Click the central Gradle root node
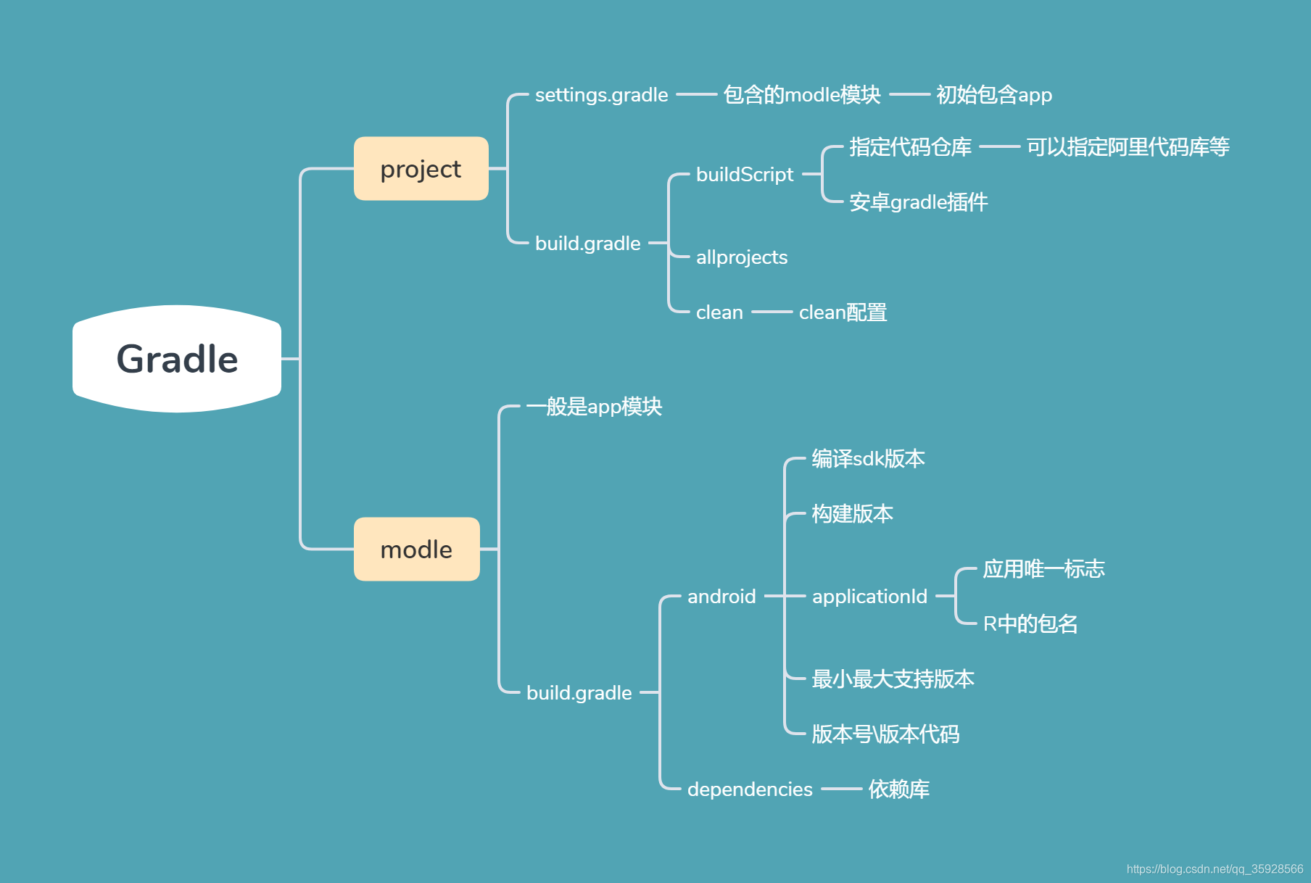click(177, 359)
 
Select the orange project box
click(421, 169)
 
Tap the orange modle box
click(416, 550)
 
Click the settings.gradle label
click(601, 95)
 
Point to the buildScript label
click(744, 175)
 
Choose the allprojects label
click(741, 257)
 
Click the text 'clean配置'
click(843, 312)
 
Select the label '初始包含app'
click(993, 95)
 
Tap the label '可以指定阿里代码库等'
click(1128, 147)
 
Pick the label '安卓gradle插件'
click(918, 202)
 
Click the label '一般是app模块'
click(594, 407)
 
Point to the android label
click(721, 597)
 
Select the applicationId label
click(869, 597)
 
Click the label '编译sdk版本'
click(868, 459)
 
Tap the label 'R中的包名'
click(1030, 624)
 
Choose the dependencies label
click(750, 789)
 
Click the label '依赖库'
click(898, 789)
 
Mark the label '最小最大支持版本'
click(893, 679)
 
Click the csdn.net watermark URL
click(1215, 869)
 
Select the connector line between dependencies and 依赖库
click(841, 789)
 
